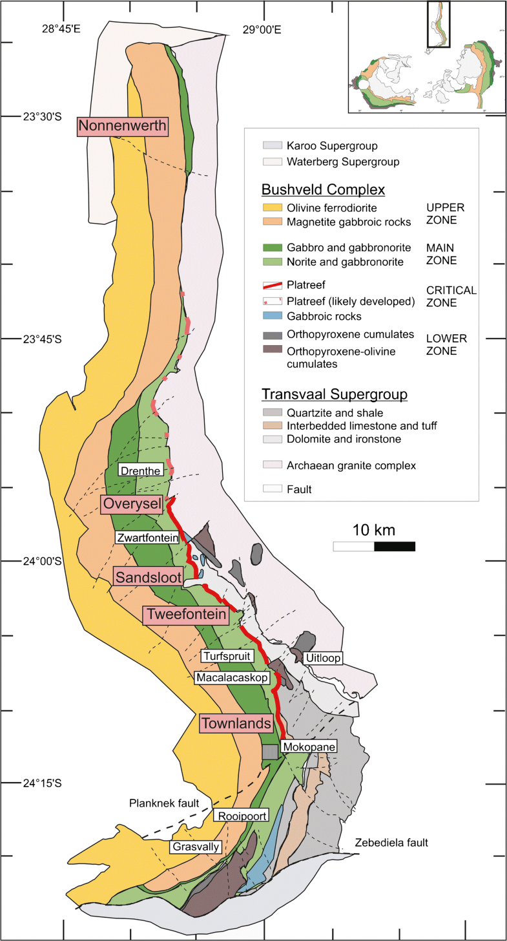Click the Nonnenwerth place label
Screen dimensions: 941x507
(122, 125)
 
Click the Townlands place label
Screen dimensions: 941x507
(235, 723)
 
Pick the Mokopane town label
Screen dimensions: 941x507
(309, 746)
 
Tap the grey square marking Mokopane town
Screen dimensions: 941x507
(270, 752)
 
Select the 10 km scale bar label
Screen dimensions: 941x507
(374, 531)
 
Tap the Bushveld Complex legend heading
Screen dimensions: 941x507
(323, 190)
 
